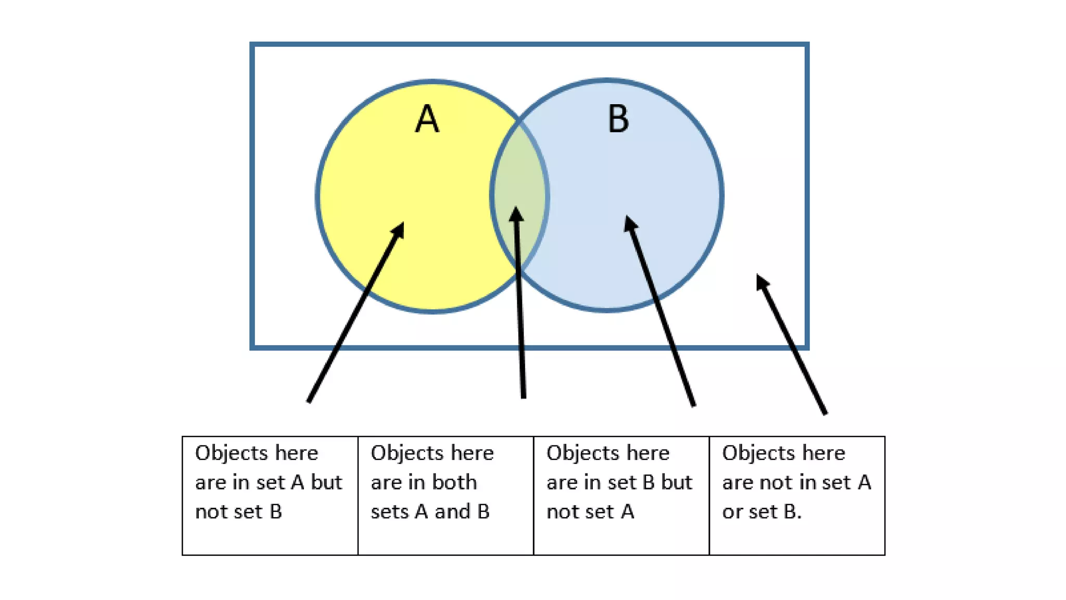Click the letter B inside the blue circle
coord(618,119)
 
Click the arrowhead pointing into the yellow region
coord(399,229)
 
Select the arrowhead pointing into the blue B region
coord(630,223)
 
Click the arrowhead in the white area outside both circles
coord(762,281)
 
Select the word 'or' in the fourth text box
coord(732,511)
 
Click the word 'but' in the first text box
coord(326,482)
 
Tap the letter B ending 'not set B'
coord(276,511)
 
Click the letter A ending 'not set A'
coord(627,511)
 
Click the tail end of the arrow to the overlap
coord(523,396)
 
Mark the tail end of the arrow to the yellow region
coord(309,400)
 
